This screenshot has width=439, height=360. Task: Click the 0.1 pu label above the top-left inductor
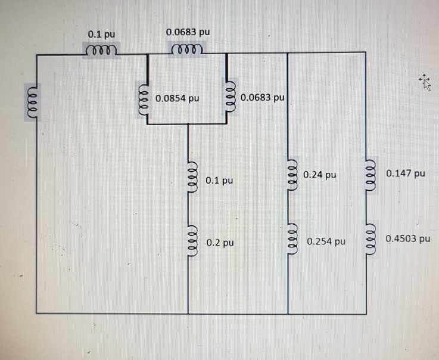point(101,35)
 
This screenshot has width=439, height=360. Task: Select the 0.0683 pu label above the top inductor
point(188,32)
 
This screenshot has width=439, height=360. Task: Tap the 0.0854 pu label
point(178,98)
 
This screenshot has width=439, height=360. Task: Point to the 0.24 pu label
point(320,175)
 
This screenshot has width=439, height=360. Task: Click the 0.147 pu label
point(406,173)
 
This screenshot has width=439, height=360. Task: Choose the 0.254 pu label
point(326,241)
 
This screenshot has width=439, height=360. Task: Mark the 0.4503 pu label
point(408,238)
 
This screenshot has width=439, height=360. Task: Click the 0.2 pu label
point(220,243)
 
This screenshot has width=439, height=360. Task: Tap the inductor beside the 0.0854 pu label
point(144,98)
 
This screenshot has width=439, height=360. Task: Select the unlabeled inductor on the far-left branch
point(33,103)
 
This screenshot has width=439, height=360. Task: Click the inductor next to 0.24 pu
point(292,175)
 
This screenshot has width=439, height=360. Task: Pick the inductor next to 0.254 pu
point(292,238)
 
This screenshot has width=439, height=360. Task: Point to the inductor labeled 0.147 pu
point(370,175)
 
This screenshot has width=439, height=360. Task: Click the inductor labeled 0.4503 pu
point(370,240)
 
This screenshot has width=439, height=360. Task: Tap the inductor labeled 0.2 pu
point(192,240)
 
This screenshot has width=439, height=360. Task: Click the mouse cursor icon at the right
point(425,82)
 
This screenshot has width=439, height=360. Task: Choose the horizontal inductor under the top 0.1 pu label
point(101,50)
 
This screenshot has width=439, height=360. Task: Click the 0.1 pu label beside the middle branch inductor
point(219,181)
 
